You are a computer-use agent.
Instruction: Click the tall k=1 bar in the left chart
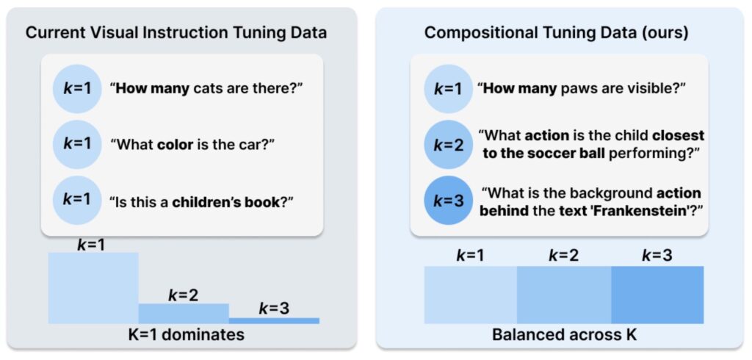[x=93, y=288]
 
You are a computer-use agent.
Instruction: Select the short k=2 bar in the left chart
[x=184, y=314]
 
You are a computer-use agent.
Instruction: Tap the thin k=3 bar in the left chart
[x=275, y=320]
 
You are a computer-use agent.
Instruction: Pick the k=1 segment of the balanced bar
[x=471, y=294]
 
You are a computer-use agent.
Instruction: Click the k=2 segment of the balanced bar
[x=564, y=294]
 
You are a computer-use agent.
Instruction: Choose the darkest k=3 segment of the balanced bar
[x=657, y=294]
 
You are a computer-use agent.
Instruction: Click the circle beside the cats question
[x=76, y=89]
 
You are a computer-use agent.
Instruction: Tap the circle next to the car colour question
[x=76, y=145]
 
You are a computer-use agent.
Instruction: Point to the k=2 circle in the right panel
[x=449, y=145]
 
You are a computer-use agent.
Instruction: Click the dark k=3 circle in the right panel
[x=449, y=200]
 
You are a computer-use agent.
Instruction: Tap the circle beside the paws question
[x=449, y=89]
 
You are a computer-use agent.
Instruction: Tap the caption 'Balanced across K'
[x=564, y=334]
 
